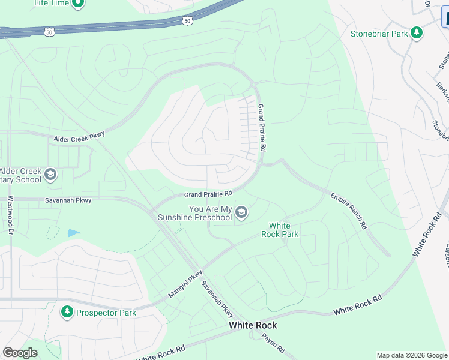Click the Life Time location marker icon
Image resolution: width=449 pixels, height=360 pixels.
click(x=77, y=4)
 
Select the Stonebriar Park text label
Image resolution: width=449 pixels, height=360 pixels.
click(x=379, y=34)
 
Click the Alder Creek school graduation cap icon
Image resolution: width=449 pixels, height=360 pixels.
click(x=50, y=175)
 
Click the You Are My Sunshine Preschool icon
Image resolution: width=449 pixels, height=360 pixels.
click(x=241, y=212)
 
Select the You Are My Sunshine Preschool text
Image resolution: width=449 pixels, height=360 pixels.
click(x=210, y=213)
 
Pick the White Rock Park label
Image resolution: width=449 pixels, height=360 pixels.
click(x=280, y=230)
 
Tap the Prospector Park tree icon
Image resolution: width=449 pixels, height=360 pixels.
click(x=67, y=313)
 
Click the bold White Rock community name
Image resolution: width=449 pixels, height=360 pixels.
click(x=253, y=325)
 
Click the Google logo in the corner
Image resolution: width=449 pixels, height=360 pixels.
click(x=20, y=353)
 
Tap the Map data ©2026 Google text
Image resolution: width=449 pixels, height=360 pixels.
click(x=412, y=355)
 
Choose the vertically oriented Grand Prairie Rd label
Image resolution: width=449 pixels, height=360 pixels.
click(x=261, y=127)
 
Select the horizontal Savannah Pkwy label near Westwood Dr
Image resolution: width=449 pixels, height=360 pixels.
click(x=68, y=200)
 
